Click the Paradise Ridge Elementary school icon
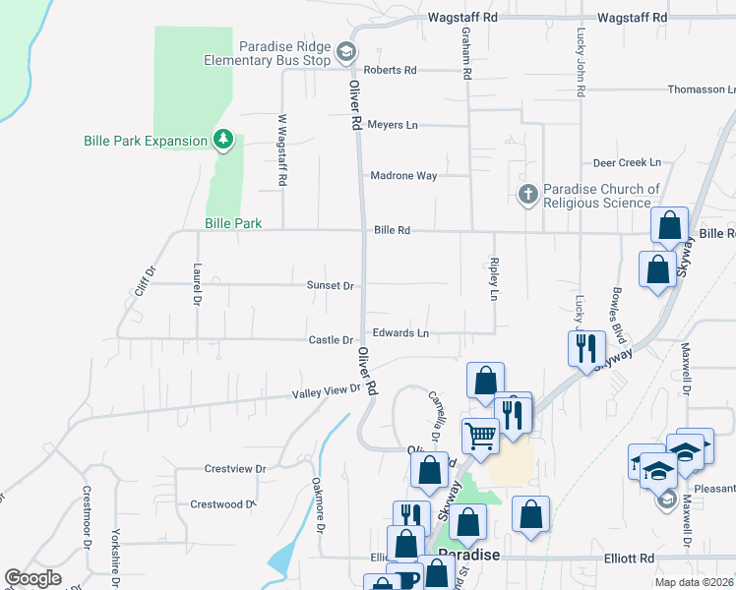[x=345, y=51]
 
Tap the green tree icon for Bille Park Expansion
[x=224, y=140]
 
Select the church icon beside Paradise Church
[x=528, y=194]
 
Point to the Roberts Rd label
[x=391, y=71]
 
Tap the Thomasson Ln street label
[x=695, y=89]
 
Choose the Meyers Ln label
[x=393, y=125]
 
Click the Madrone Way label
[x=403, y=176]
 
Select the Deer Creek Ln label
[x=627, y=162]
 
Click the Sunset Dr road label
[x=330, y=285]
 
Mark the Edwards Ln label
[x=400, y=333]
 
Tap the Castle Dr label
[x=331, y=340]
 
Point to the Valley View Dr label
[x=327, y=391]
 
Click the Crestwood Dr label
[x=222, y=504]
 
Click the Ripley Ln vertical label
[x=493, y=280]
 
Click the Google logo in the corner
[x=32, y=578]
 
